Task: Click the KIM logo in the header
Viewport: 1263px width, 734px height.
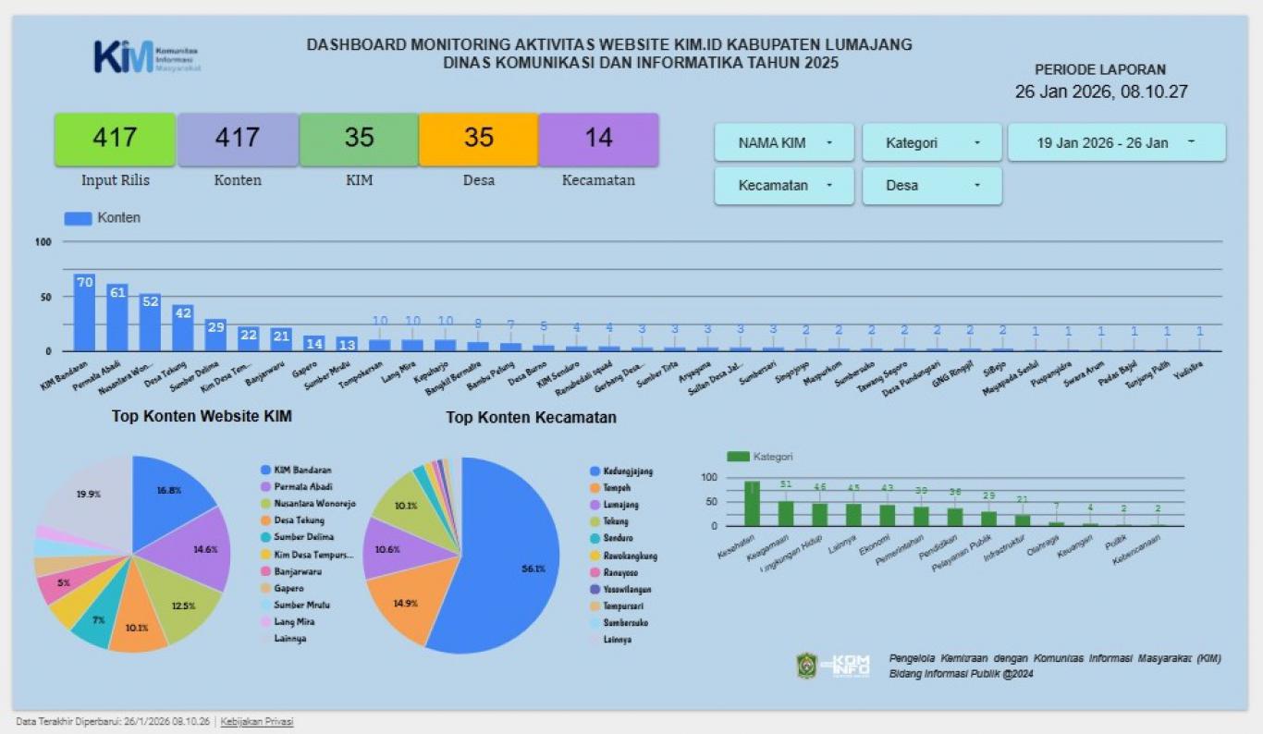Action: click(x=146, y=57)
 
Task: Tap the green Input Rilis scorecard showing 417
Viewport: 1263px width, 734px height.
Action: click(x=115, y=139)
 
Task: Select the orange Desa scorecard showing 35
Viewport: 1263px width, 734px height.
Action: click(x=478, y=139)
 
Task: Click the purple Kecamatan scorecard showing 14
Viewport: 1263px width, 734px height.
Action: click(x=598, y=139)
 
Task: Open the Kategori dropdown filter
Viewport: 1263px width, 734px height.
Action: click(x=931, y=143)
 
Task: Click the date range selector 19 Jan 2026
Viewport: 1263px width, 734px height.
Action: click(x=1116, y=143)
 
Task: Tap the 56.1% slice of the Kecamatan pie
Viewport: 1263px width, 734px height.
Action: click(x=509, y=564)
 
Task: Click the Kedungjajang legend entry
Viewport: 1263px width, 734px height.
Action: click(x=627, y=471)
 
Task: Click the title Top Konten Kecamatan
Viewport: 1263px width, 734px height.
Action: click(x=531, y=418)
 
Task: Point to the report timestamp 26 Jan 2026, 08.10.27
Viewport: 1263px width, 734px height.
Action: click(x=1100, y=92)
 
